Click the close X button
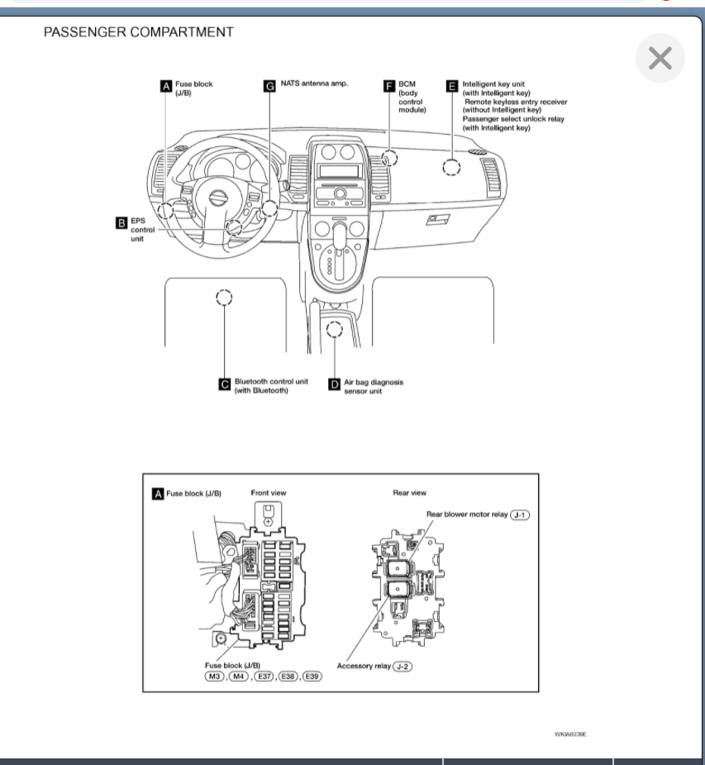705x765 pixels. (x=660, y=59)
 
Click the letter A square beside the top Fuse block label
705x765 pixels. (x=166, y=85)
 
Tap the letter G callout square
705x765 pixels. (x=269, y=85)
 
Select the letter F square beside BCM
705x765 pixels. (x=389, y=85)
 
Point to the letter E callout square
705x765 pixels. (x=451, y=85)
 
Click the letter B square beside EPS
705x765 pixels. (x=121, y=222)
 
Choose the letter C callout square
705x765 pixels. (x=224, y=383)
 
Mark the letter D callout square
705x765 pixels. (x=334, y=383)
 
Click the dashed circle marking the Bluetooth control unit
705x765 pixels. (x=223, y=297)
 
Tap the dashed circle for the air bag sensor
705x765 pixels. (x=334, y=330)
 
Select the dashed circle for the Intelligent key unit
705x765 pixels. (x=451, y=168)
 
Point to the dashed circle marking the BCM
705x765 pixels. (x=389, y=158)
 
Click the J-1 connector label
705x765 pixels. (x=520, y=514)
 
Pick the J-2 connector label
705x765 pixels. (x=403, y=666)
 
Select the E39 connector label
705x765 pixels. (x=312, y=676)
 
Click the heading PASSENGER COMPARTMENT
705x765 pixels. (x=139, y=32)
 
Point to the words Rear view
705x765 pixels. (x=410, y=493)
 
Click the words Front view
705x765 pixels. (x=269, y=493)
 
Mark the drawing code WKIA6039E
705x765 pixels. (x=569, y=734)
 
